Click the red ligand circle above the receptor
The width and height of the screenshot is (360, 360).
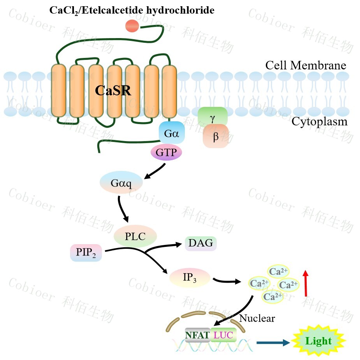point(132,26)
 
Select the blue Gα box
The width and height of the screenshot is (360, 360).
point(171,133)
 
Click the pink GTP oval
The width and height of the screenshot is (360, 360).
point(166,152)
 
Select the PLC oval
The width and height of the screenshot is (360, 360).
point(135,236)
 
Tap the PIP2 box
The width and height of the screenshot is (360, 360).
point(86,253)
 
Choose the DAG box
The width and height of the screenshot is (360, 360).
point(200,243)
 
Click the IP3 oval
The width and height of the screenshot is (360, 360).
point(190,278)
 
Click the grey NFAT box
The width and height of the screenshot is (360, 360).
point(197,334)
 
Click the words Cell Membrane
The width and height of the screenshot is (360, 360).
point(306,65)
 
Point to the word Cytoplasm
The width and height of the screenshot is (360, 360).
point(319,122)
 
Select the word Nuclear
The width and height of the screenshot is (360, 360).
point(257,318)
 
